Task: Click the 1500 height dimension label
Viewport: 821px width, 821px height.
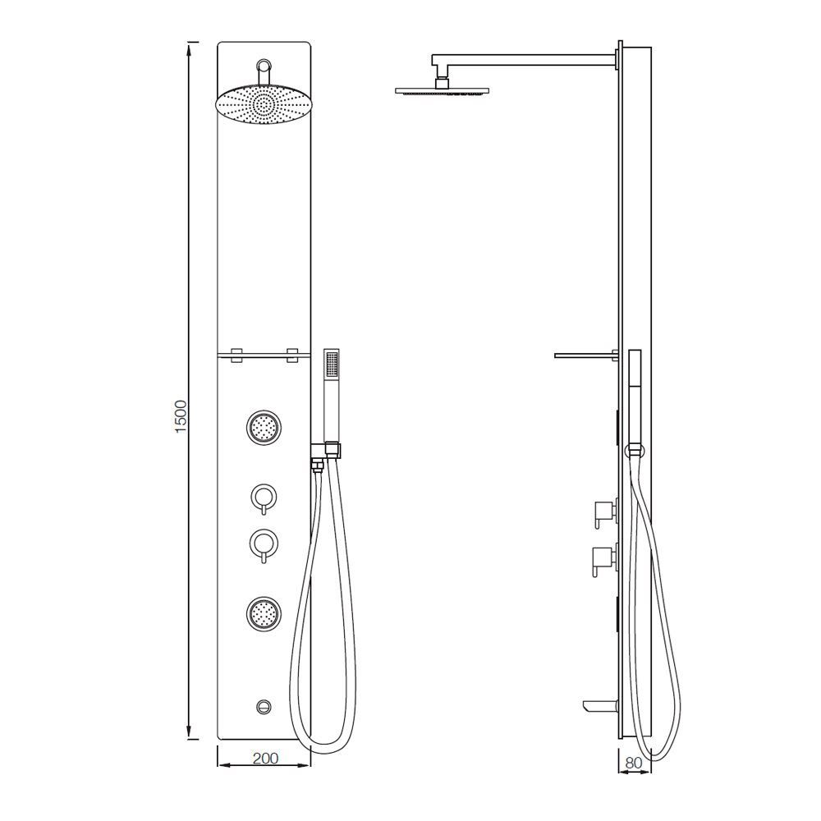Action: point(181,416)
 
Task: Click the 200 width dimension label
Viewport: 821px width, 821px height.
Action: point(264,759)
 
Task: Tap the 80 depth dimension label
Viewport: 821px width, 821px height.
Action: point(633,763)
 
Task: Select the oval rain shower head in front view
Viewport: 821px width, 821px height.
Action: point(264,104)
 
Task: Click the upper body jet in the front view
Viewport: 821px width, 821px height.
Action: point(264,427)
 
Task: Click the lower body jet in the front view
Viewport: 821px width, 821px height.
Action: point(264,612)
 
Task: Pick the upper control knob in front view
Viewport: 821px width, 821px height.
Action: point(264,498)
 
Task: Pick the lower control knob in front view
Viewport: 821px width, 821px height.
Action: point(264,544)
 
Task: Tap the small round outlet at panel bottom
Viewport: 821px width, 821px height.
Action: point(264,705)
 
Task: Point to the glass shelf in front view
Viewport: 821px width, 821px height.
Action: point(264,355)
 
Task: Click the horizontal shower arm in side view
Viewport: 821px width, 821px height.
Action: point(525,58)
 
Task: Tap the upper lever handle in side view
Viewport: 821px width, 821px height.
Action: point(601,511)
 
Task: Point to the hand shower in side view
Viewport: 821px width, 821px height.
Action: point(634,386)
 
